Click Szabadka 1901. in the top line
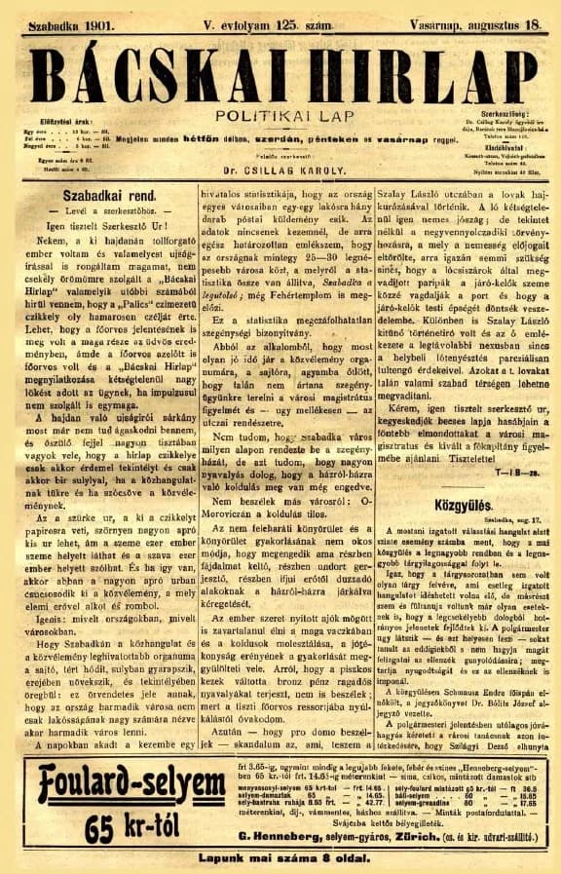click(70, 18)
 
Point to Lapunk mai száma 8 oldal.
click(280, 858)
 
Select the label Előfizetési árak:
click(60, 122)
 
